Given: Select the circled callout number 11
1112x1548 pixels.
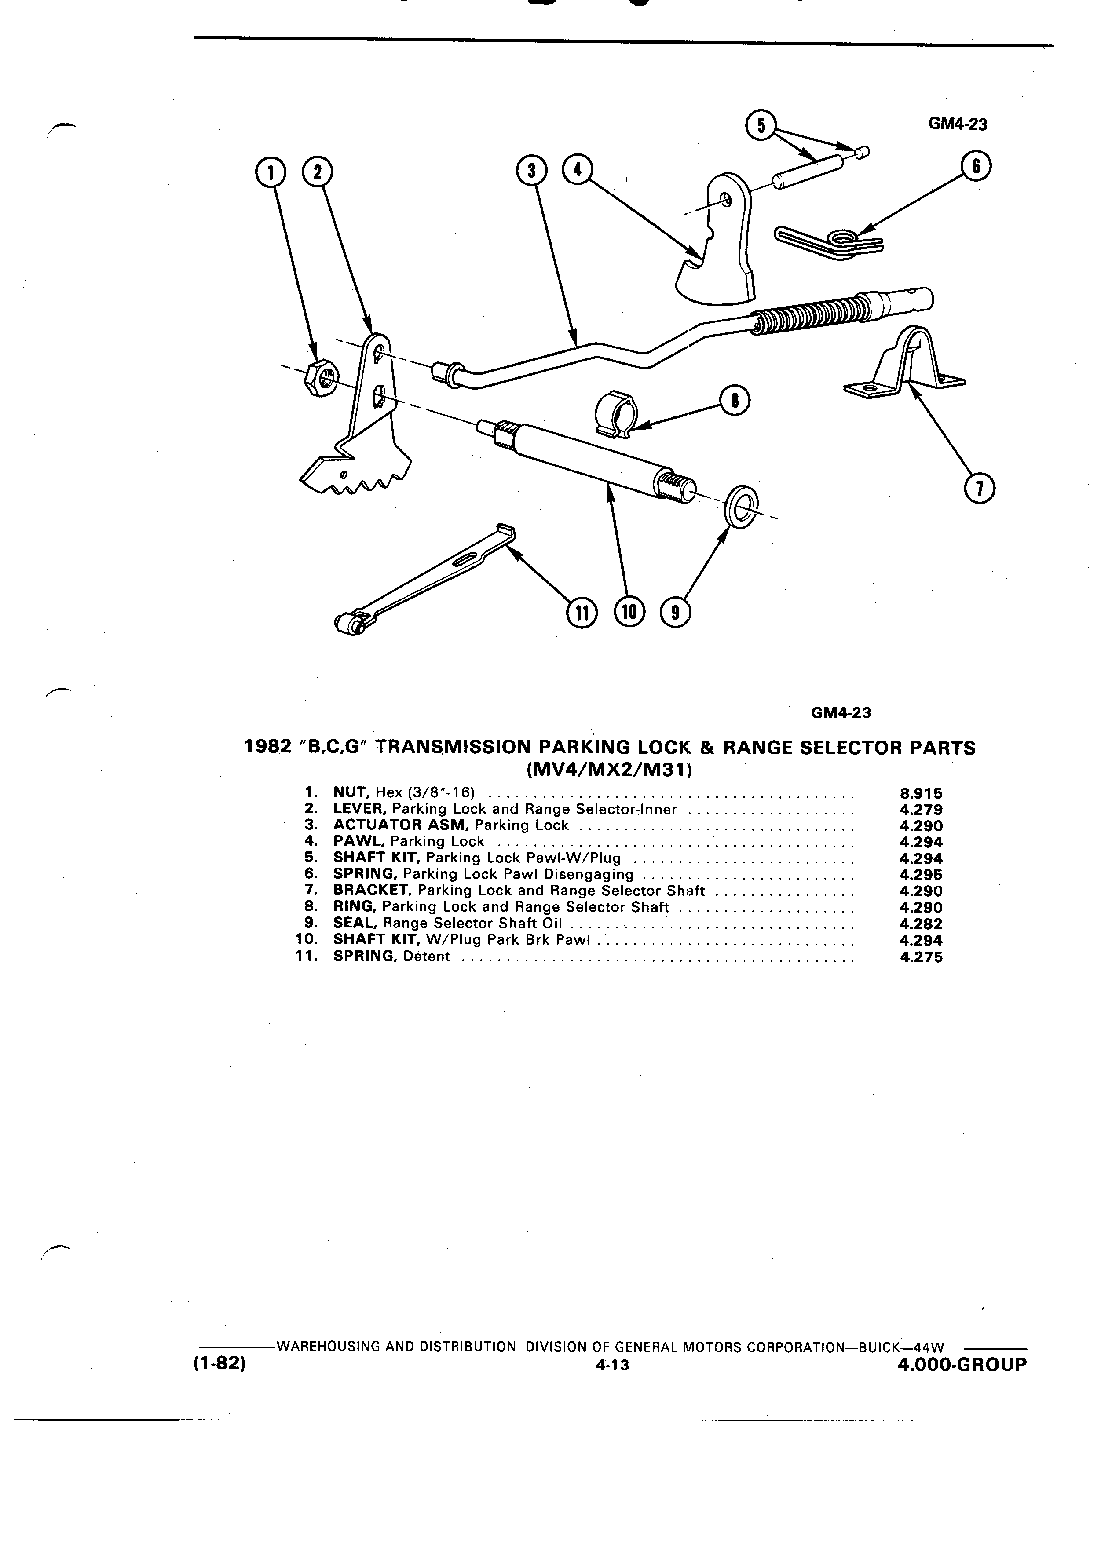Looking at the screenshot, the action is click(581, 612).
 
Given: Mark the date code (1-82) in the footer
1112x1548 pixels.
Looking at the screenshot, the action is click(219, 1365).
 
